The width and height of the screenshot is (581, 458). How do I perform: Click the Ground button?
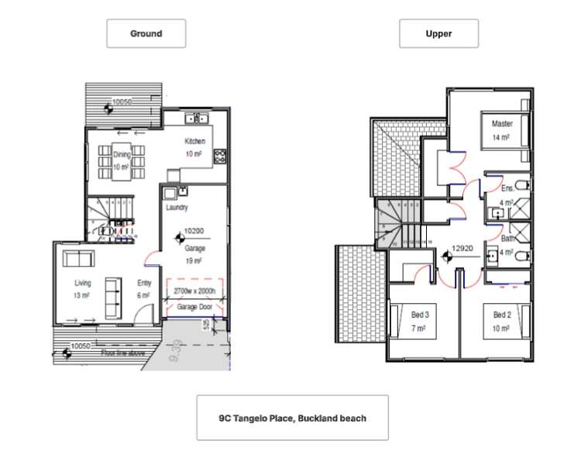click(x=146, y=33)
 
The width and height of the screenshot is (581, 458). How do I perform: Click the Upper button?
click(x=438, y=33)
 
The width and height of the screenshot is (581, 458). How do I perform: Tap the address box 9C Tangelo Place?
click(x=292, y=418)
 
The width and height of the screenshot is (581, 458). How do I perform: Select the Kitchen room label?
click(x=194, y=141)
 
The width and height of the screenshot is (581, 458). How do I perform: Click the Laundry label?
click(x=177, y=208)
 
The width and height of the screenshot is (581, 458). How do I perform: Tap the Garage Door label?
click(x=194, y=308)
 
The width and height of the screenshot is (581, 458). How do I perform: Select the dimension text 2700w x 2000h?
click(x=194, y=292)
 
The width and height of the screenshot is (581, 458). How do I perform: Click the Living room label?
click(x=83, y=284)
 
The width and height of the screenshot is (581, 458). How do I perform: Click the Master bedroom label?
click(x=502, y=123)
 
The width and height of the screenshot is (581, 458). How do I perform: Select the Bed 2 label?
click(x=501, y=315)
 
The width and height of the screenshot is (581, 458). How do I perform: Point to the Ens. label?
click(x=507, y=188)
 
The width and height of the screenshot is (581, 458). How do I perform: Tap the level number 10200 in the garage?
click(x=194, y=231)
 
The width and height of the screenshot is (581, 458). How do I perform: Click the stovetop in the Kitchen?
click(x=219, y=153)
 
